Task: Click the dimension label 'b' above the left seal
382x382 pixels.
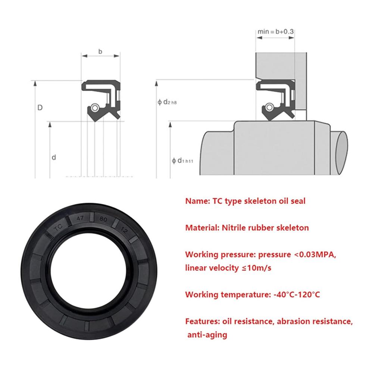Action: pos(100,51)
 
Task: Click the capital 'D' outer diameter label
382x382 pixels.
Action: pos(40,108)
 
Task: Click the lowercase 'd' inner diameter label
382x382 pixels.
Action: pos(54,157)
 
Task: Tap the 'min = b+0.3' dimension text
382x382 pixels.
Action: pos(276,32)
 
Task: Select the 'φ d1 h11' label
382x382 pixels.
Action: pos(183,161)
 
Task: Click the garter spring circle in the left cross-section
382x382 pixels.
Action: pos(95,109)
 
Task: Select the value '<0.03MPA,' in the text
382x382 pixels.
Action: pos(316,255)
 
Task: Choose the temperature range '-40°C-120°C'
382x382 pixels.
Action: pos(296,294)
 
